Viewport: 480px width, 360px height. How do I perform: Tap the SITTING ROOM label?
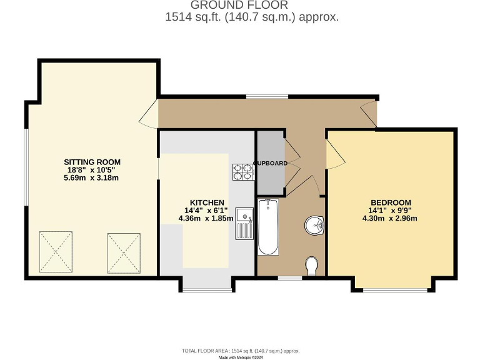coord(91,162)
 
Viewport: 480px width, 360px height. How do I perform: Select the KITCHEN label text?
coord(207,203)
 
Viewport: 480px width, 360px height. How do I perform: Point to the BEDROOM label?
coord(391,202)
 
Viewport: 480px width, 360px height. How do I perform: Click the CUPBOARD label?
coord(271,163)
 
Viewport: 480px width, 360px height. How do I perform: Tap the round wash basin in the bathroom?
coord(314,224)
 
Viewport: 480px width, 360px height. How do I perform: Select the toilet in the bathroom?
coord(312,266)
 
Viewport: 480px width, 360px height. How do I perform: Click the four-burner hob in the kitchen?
coord(242,171)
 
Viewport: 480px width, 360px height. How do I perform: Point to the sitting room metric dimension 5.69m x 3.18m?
coord(91,177)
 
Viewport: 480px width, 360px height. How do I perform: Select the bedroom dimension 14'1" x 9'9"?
coord(391,211)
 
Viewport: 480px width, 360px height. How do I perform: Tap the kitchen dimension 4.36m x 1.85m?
coord(206,219)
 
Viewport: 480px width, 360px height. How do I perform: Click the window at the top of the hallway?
coord(267,96)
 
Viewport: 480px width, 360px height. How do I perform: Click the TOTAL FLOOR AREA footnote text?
coord(241,351)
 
